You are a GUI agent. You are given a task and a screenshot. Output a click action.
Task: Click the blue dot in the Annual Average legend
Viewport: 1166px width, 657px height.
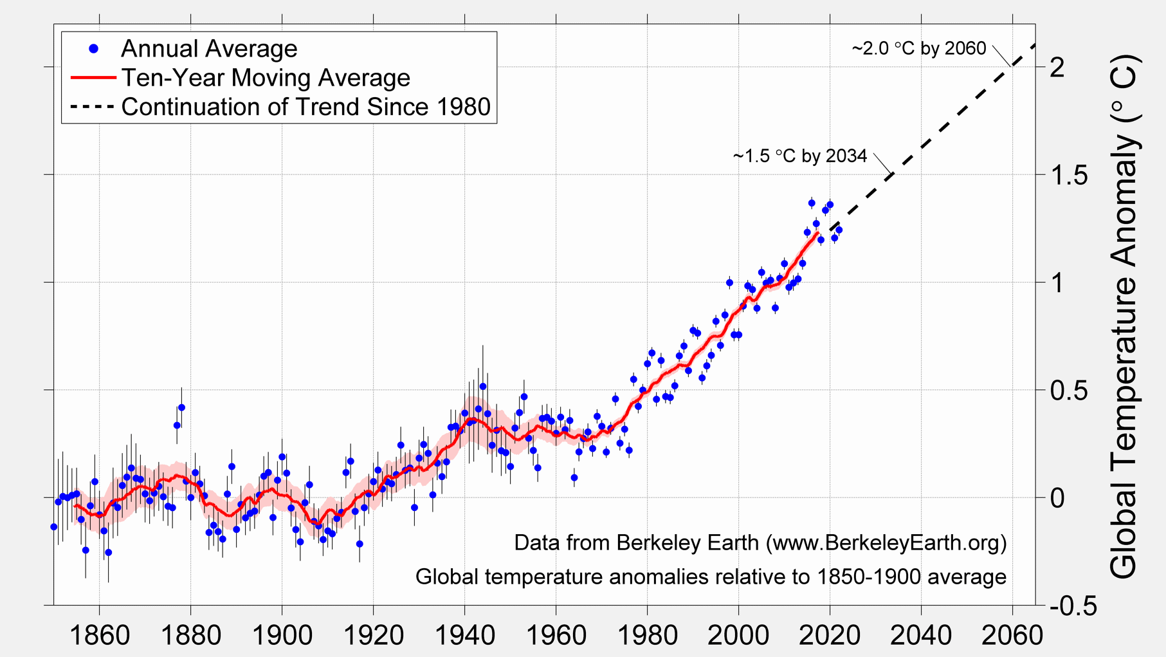tap(94, 49)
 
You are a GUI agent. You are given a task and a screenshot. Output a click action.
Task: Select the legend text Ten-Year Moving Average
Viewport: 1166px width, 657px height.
tap(266, 78)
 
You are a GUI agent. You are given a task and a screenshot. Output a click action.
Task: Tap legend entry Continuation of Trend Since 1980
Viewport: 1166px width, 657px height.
tap(305, 107)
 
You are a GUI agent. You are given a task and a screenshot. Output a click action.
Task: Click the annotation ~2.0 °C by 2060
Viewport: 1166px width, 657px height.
tap(918, 49)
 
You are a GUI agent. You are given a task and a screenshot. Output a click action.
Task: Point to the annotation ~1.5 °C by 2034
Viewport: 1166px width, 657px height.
tap(799, 156)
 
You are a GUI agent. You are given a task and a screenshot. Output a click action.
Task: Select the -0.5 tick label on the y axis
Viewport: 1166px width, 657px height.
tap(1073, 606)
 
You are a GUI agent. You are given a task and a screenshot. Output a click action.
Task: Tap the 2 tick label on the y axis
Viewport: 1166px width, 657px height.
tap(1057, 67)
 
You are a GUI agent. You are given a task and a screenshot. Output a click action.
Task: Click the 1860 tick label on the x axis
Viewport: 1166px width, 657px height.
tap(100, 636)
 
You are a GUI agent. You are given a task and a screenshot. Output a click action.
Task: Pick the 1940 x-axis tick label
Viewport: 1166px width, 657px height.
tap(465, 636)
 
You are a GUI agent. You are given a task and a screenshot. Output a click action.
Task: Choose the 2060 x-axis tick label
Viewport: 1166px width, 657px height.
tap(1012, 636)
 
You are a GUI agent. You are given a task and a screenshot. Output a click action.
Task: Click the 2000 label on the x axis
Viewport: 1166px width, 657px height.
tap(738, 636)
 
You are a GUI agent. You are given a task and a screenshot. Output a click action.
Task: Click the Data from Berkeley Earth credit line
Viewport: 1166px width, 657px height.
tap(760, 542)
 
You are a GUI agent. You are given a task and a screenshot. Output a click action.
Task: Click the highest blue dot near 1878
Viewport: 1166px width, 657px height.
tap(181, 407)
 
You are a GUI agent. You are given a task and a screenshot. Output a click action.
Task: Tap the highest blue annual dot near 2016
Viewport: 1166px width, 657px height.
tap(812, 203)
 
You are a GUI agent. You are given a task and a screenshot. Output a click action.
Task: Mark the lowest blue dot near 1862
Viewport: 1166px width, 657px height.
tap(108, 552)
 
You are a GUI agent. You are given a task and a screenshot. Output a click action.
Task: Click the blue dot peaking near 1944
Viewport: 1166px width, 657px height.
tap(483, 387)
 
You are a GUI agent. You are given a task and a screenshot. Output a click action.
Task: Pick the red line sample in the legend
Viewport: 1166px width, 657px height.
tap(93, 78)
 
